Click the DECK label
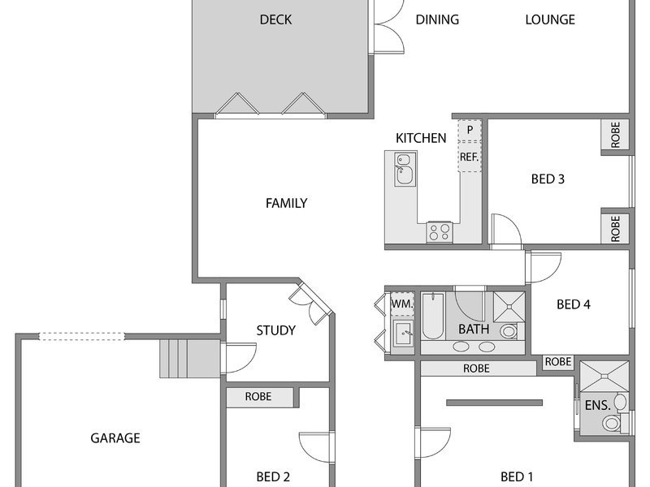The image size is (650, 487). click(275, 19)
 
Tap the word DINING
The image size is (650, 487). click(437, 19)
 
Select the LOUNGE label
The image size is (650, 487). click(550, 19)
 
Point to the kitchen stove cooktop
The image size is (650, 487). click(440, 232)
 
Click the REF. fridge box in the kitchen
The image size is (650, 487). click(470, 157)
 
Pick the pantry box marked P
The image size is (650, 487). click(470, 130)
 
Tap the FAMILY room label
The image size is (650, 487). click(287, 203)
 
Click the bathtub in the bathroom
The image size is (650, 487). click(433, 316)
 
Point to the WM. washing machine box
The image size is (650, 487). click(402, 304)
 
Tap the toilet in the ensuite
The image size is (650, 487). click(612, 423)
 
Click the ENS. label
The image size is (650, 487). click(598, 405)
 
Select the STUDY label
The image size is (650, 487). click(276, 330)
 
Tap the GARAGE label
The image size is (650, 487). click(115, 437)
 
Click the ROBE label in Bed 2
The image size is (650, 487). click(258, 396)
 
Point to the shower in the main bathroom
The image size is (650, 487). click(509, 307)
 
